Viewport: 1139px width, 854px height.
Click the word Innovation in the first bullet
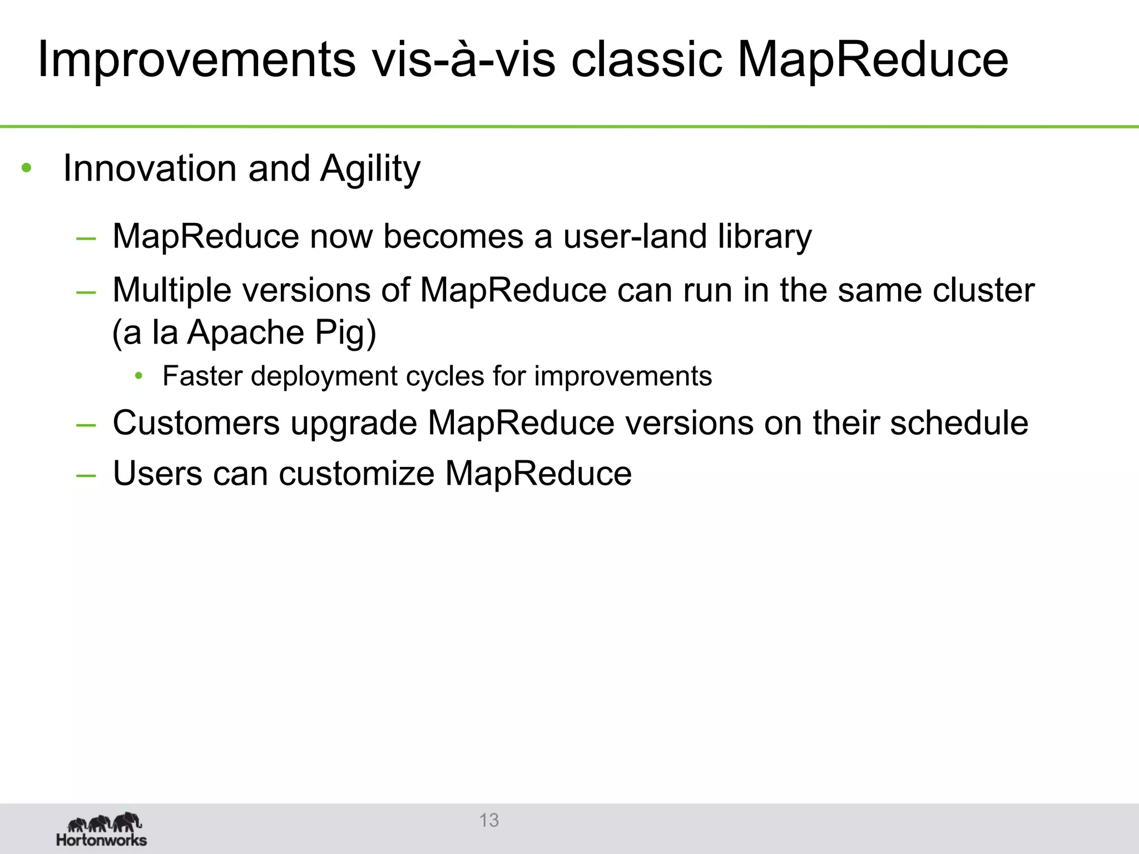(151, 168)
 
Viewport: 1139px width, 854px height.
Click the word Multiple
(171, 291)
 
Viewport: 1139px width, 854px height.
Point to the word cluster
(983, 290)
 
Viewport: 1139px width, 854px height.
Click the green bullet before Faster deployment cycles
(138, 376)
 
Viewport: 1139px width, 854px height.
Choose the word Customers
(196, 423)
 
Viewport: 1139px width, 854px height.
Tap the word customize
(356, 474)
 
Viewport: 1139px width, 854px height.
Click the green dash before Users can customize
(86, 475)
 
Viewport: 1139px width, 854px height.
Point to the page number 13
(489, 820)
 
